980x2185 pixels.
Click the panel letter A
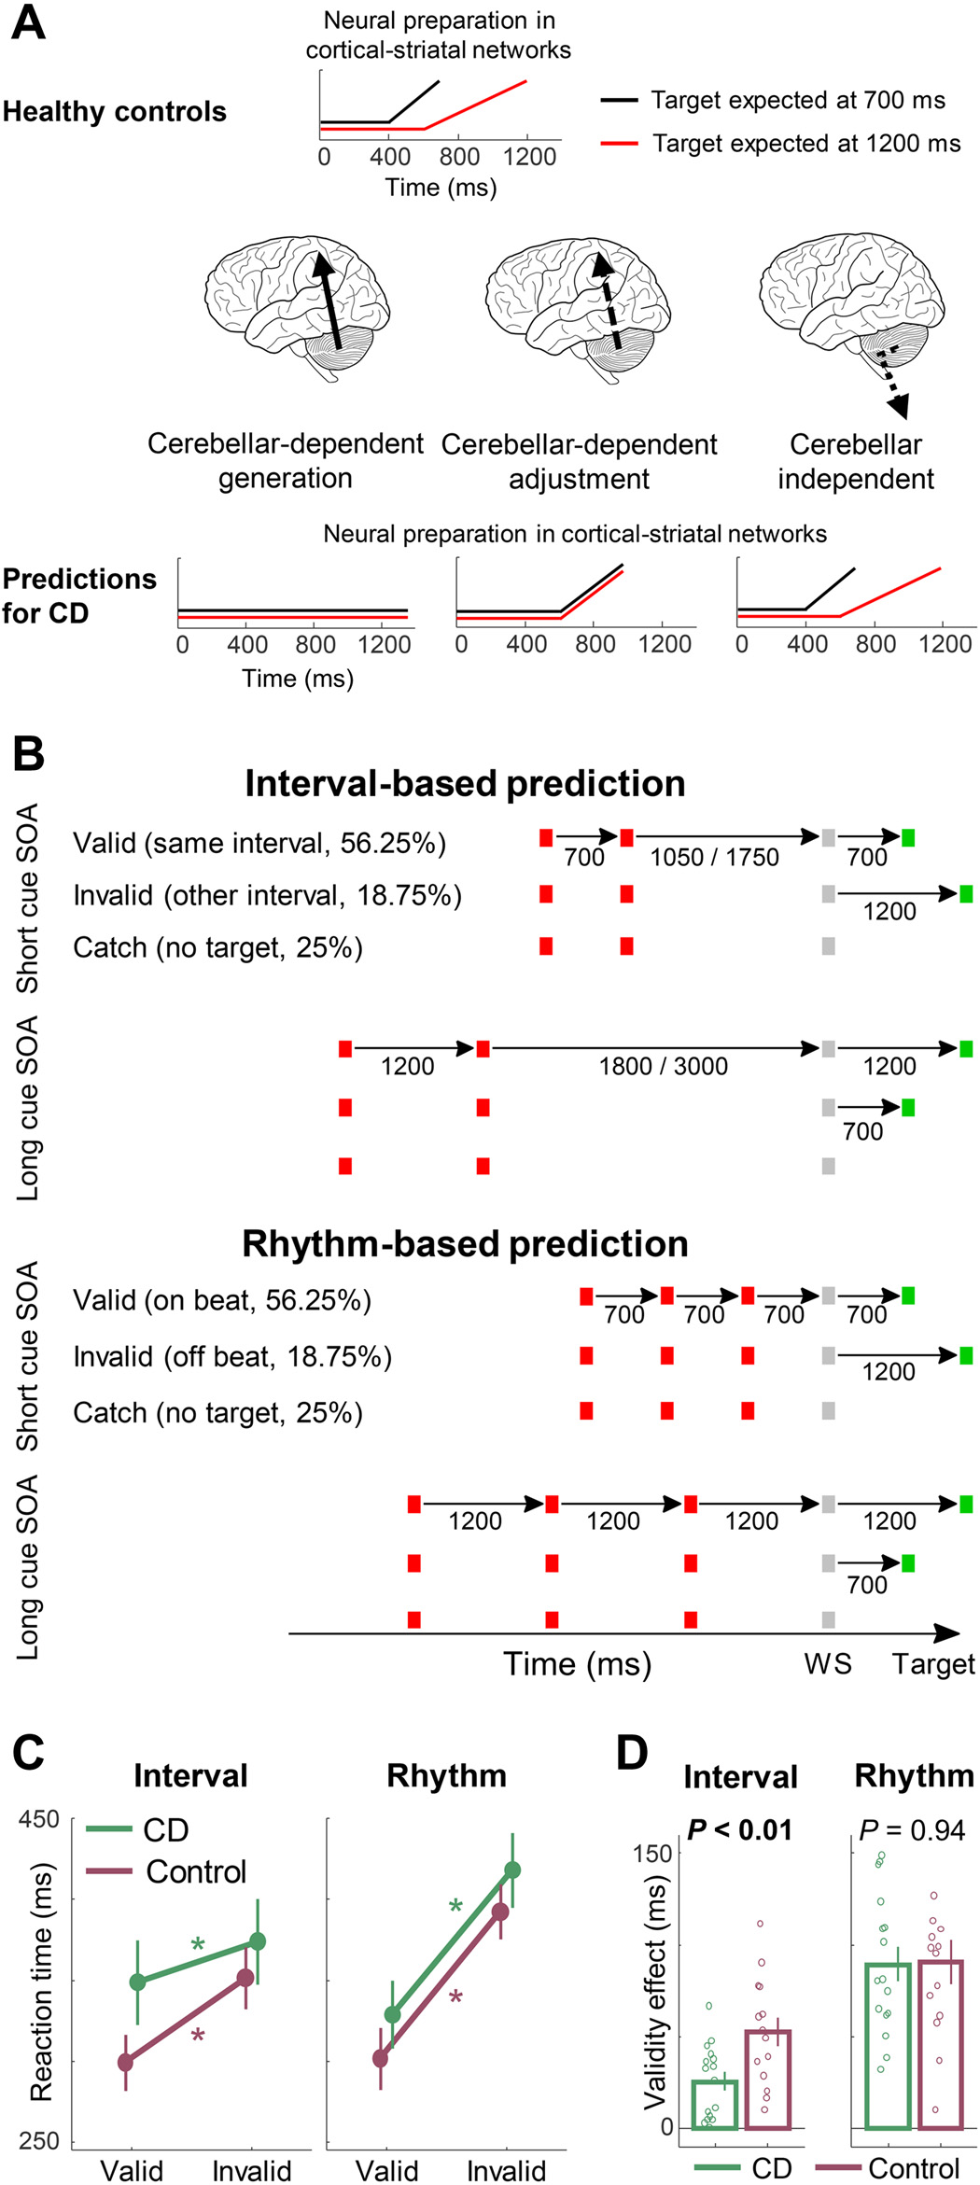click(28, 23)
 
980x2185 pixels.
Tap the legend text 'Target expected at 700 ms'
click(797, 100)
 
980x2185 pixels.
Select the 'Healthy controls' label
click(115, 112)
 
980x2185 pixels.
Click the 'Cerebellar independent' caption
click(855, 462)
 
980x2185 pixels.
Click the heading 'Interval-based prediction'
click(465, 784)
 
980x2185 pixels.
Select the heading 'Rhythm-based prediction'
click(465, 1244)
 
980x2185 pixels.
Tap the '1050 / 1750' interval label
click(714, 858)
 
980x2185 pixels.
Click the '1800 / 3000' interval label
click(663, 1067)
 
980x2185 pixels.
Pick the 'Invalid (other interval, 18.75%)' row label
click(267, 896)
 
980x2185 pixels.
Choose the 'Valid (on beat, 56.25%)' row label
click(222, 1300)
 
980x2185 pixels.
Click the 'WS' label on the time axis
click(828, 1664)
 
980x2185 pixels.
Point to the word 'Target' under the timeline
click(932, 1664)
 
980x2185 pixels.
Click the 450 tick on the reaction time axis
click(39, 1820)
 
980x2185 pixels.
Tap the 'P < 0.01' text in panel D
click(739, 1830)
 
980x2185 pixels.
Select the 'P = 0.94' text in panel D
click(912, 1830)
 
